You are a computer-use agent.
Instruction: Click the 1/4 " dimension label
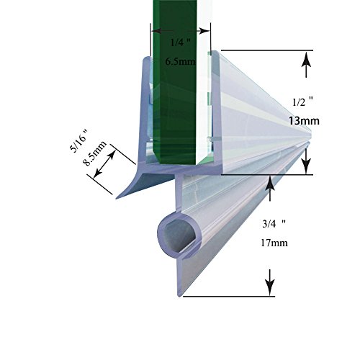pyautogui.click(x=180, y=42)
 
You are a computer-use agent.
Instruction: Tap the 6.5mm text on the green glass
pyautogui.click(x=180, y=62)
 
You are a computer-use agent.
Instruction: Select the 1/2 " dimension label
pyautogui.click(x=303, y=102)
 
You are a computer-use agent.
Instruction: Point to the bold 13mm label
pyautogui.click(x=304, y=121)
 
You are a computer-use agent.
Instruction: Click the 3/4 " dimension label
pyautogui.click(x=274, y=224)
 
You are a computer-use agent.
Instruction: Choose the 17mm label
pyautogui.click(x=274, y=243)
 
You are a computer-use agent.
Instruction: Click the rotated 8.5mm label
pyautogui.click(x=94, y=153)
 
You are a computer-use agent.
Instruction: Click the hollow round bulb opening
pyautogui.click(x=180, y=235)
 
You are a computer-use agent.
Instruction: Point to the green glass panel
pyautogui.click(x=174, y=81)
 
